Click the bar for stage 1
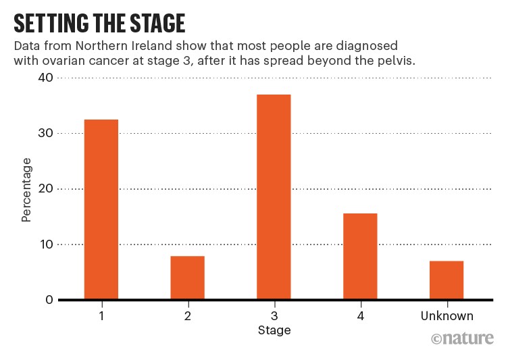tap(101, 209)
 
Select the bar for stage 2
tap(187, 278)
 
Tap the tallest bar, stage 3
tap(274, 197)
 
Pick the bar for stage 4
tap(360, 256)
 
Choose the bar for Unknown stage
tap(446, 280)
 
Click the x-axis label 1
tap(101, 315)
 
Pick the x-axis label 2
tap(187, 315)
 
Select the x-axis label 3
tap(274, 315)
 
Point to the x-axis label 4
tap(360, 315)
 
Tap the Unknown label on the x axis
tap(446, 315)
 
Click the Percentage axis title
tap(26, 190)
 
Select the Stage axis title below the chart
tap(274, 330)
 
